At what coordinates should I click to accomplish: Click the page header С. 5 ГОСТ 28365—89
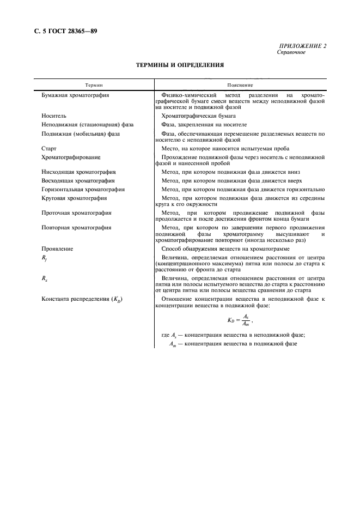(61, 31)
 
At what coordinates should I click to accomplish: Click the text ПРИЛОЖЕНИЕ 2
(302, 46)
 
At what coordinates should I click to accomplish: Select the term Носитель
(54, 116)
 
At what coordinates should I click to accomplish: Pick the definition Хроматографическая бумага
(199, 116)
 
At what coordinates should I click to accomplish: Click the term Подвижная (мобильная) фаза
(81, 133)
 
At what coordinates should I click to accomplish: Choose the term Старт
(50, 148)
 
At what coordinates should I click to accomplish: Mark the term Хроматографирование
(71, 156)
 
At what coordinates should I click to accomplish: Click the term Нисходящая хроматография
(78, 172)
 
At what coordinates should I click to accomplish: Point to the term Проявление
(57, 248)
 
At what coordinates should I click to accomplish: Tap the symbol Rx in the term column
(45, 278)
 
